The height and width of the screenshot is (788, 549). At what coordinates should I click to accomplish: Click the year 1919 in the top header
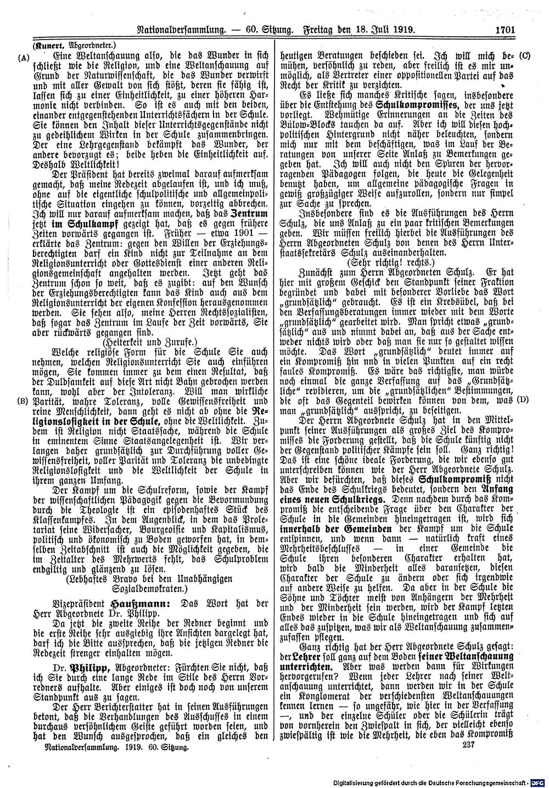pos(402,31)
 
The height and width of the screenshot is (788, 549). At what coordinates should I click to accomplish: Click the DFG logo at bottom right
pos(537,781)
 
